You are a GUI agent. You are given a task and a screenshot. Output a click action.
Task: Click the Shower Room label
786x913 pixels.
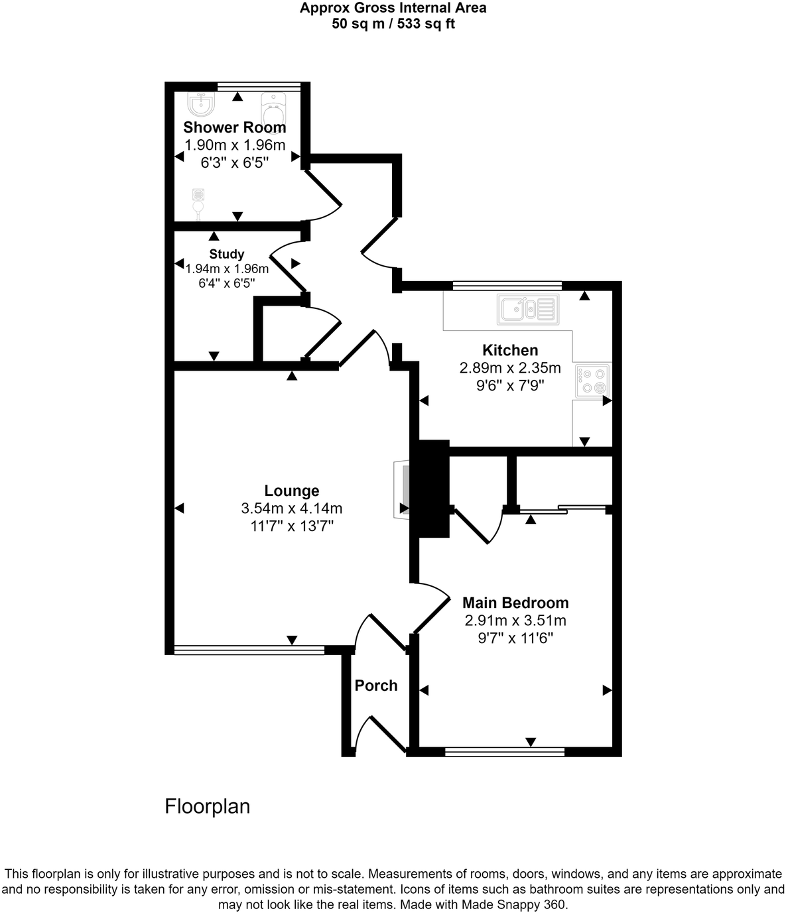[235, 127]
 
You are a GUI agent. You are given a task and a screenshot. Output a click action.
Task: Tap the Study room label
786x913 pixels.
[227, 254]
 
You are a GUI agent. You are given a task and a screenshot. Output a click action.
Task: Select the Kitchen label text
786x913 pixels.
[510, 350]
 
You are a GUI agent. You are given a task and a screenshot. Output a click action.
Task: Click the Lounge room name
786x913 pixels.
[292, 491]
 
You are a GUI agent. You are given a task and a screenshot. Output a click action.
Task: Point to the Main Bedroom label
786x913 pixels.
[515, 603]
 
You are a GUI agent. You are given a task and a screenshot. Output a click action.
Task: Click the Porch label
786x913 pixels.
[376, 686]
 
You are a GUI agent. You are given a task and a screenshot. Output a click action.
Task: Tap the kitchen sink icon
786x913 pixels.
[529, 309]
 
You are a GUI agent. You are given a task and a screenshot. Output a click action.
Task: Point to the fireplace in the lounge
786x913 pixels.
[402, 489]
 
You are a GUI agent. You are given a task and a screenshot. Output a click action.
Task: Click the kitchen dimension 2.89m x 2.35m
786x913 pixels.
[510, 368]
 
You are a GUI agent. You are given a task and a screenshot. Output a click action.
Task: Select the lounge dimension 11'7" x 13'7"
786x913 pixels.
[292, 526]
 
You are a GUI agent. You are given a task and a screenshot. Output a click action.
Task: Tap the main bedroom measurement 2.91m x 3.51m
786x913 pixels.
[515, 621]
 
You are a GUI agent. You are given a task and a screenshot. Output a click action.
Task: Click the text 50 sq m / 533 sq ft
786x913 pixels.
[393, 25]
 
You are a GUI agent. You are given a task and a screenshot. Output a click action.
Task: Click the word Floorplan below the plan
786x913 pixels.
[208, 806]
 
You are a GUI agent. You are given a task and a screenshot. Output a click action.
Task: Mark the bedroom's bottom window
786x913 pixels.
[505, 752]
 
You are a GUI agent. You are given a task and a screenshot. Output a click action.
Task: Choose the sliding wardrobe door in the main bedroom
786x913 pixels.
[562, 510]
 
